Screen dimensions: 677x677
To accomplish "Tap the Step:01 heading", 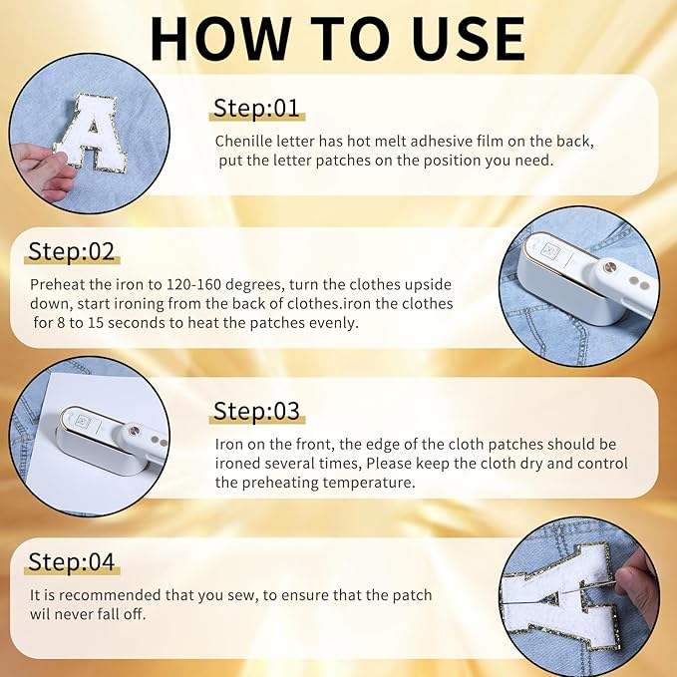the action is (256, 108).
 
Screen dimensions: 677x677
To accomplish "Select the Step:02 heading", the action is (71, 251).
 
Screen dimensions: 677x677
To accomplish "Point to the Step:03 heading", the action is (256, 411).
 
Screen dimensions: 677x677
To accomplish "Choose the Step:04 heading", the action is (71, 561).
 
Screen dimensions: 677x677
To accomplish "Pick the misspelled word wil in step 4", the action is (38, 614).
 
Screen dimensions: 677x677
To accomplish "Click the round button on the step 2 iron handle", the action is (610, 267).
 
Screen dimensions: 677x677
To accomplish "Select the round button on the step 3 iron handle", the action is (135, 431).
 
